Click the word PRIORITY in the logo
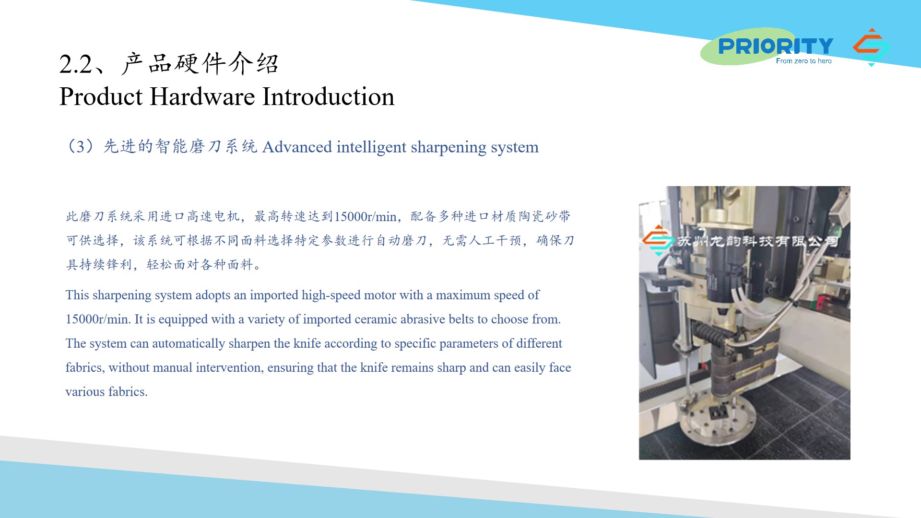pyautogui.click(x=776, y=46)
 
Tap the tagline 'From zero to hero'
pyautogui.click(x=803, y=61)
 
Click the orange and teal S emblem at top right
pyautogui.click(x=871, y=47)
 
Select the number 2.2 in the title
pyautogui.click(x=75, y=64)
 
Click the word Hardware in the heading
pyautogui.click(x=202, y=96)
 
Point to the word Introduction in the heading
pyautogui.click(x=329, y=96)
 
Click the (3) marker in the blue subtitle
pyautogui.click(x=81, y=146)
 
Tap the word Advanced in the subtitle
pyautogui.click(x=297, y=147)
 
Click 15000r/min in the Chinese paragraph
pyautogui.click(x=365, y=217)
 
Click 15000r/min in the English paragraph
pyautogui.click(x=98, y=319)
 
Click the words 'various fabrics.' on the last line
pyautogui.click(x=106, y=392)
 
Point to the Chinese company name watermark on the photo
pyautogui.click(x=757, y=241)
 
